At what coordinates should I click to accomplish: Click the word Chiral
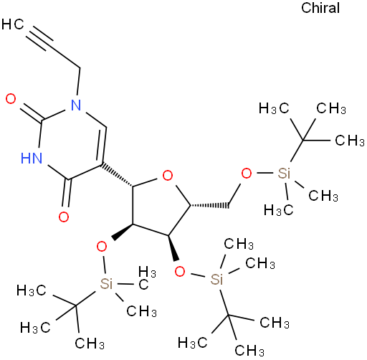point(320,8)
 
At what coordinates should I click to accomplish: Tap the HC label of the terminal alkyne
point(13,24)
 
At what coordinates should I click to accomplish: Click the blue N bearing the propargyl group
point(76,105)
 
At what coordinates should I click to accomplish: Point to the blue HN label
point(32,158)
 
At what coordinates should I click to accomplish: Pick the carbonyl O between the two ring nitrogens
point(11,99)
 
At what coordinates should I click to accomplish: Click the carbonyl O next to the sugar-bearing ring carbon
point(64,217)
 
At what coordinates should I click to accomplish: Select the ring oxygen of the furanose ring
point(168,176)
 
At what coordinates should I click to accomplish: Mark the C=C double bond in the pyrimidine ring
point(102,145)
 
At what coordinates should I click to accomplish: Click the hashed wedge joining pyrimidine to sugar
point(117,175)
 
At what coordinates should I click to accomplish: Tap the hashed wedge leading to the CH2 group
point(209,206)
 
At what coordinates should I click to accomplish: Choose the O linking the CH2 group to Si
point(247,174)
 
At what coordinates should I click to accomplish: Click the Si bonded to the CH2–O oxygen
point(284,174)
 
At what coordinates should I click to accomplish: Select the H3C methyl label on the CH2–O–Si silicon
point(278,211)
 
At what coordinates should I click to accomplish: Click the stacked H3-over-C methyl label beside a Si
point(146,278)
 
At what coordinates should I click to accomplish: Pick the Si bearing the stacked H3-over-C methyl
point(106,284)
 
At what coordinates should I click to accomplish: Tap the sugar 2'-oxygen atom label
point(102,247)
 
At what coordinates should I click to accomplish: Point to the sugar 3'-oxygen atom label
point(180,272)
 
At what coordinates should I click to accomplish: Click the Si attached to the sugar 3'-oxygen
point(216,279)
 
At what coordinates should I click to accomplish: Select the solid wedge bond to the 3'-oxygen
point(173,248)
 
